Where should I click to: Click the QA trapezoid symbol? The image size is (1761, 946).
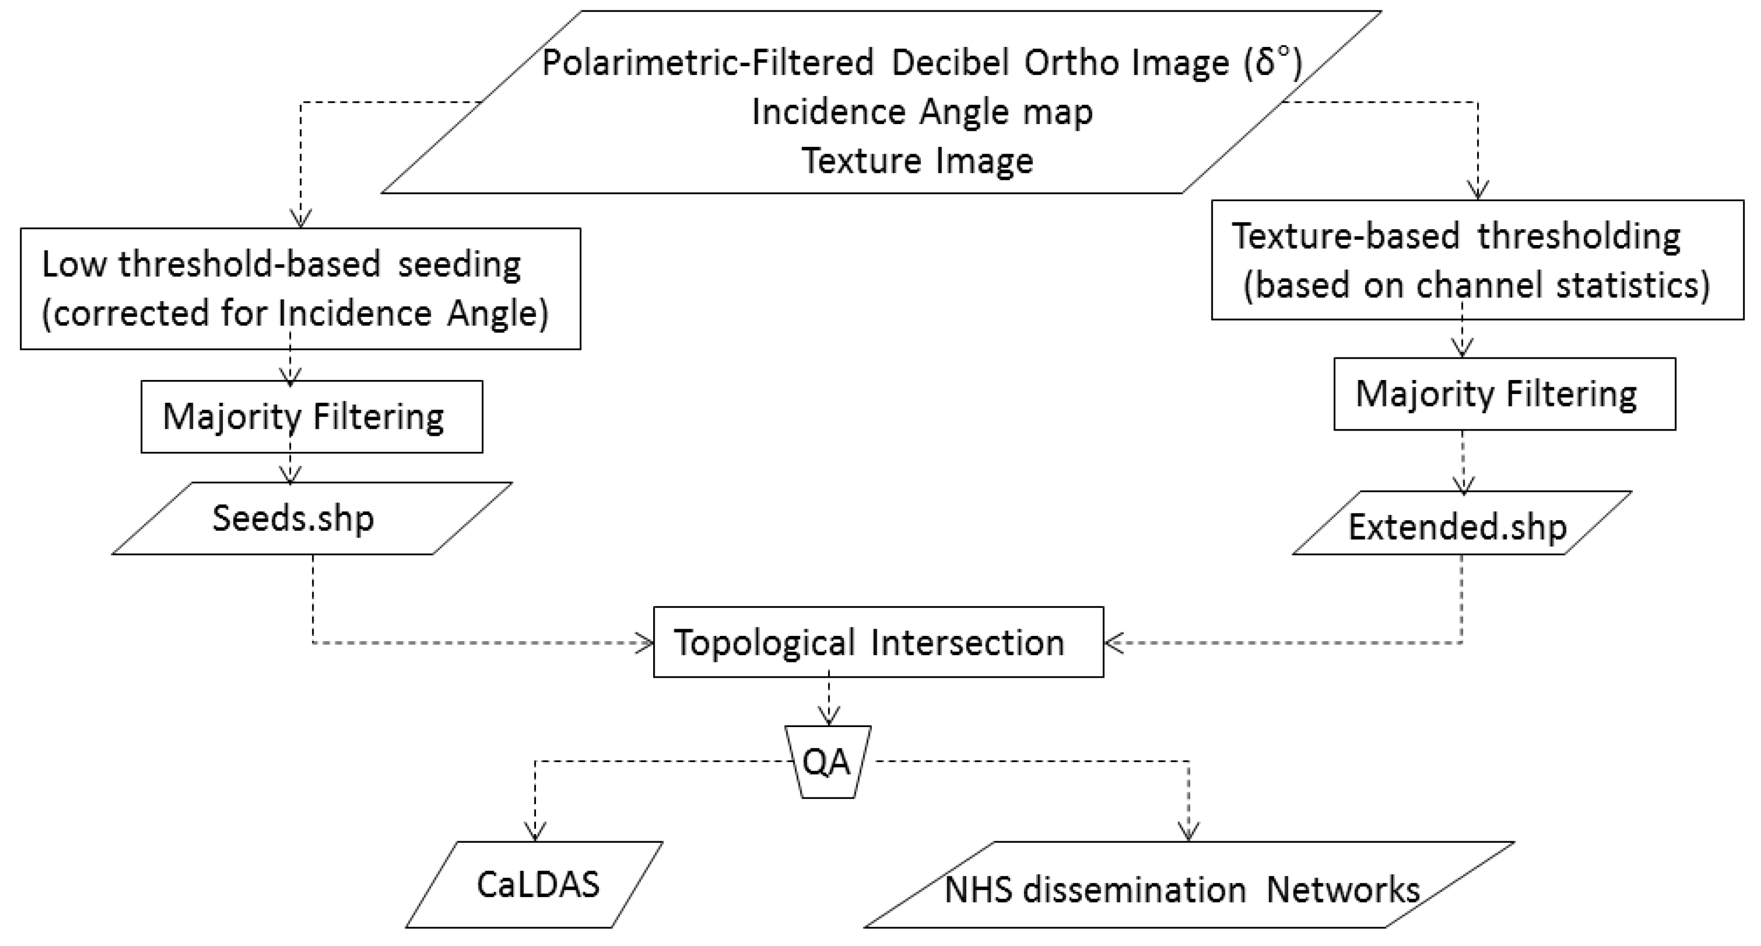[x=827, y=761]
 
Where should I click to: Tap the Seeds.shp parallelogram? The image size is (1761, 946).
[x=311, y=519]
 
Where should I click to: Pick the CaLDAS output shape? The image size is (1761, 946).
[x=534, y=884]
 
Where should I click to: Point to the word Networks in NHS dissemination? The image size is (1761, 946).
[x=1343, y=890]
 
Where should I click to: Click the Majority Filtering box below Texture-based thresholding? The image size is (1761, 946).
[x=1504, y=394]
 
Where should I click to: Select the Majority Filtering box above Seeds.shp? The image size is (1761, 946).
[x=311, y=416]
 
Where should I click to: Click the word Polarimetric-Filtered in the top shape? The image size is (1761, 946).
[x=707, y=64]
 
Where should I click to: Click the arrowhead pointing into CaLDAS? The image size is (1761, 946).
[x=534, y=832]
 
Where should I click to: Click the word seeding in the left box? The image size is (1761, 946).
[x=459, y=265]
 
